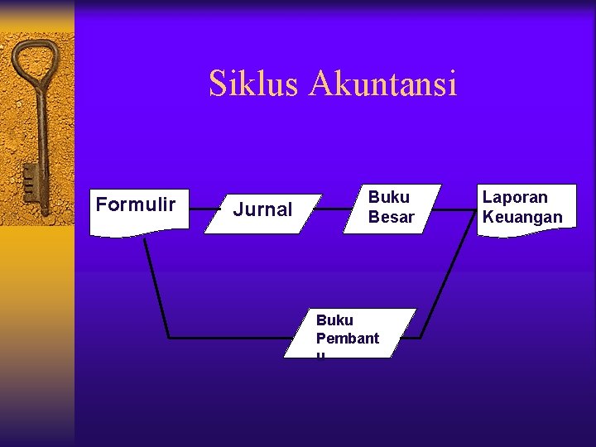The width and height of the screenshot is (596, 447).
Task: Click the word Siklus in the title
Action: [253, 84]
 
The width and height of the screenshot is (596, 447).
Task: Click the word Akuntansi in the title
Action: [382, 84]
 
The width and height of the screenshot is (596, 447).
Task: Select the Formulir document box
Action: [137, 209]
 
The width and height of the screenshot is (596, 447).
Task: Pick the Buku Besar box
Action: [391, 208]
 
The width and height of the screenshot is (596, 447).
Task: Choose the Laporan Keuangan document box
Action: [524, 209]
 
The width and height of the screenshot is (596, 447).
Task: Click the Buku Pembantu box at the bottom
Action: [349, 333]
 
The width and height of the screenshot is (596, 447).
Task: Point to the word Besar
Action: [391, 217]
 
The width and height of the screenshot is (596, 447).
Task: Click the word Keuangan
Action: [522, 218]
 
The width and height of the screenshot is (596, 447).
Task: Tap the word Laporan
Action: [515, 198]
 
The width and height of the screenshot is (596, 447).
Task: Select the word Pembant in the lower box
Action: [348, 338]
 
